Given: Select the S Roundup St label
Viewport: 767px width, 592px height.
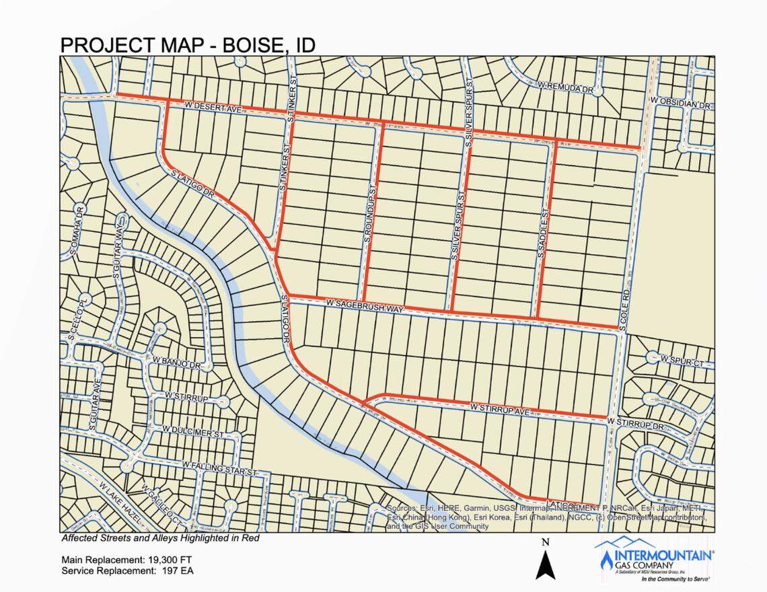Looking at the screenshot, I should (369, 215).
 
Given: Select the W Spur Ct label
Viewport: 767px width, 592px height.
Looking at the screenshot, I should (681, 361).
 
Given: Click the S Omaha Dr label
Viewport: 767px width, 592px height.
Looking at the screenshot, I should (76, 232).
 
